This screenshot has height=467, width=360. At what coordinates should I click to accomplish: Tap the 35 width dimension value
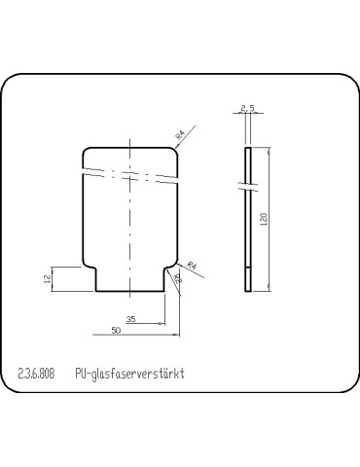pyautogui.click(x=131, y=319)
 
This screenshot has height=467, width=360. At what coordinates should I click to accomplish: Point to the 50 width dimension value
pyautogui.click(x=116, y=331)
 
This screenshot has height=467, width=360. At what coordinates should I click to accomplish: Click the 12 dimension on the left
pyautogui.click(x=46, y=278)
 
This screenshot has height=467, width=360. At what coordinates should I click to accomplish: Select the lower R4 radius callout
pyautogui.click(x=192, y=265)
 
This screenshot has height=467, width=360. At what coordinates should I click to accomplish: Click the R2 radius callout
pyautogui.click(x=177, y=278)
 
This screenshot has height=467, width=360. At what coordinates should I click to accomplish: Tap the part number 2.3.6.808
pyautogui.click(x=37, y=375)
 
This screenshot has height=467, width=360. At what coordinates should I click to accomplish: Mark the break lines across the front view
pyautogui.click(x=131, y=172)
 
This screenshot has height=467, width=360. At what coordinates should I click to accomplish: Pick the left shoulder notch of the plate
pyautogui.click(x=91, y=269)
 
